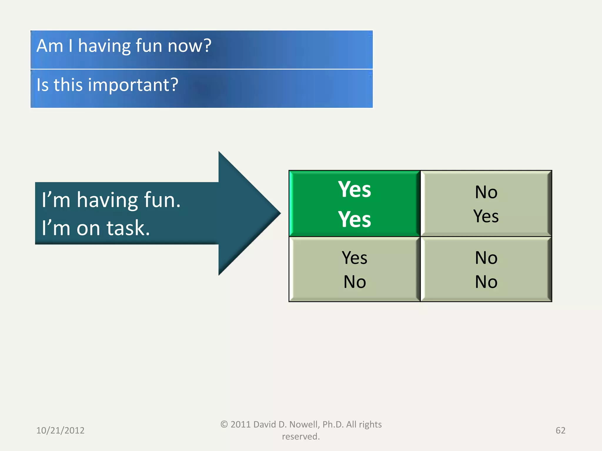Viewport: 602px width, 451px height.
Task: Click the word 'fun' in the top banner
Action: [x=149, y=46]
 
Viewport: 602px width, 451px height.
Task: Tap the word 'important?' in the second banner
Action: [x=133, y=85]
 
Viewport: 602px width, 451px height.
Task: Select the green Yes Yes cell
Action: [x=354, y=204]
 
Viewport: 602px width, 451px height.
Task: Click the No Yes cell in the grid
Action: [x=486, y=204]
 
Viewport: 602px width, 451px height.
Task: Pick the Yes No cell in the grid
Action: [x=354, y=269]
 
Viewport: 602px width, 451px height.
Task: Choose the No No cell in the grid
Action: [x=486, y=269]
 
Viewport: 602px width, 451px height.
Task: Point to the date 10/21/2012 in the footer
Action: [x=60, y=430]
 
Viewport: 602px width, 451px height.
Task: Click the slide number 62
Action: [x=560, y=430]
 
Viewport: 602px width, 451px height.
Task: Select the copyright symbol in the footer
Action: [x=224, y=425]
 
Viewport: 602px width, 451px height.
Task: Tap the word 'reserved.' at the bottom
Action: [x=301, y=437]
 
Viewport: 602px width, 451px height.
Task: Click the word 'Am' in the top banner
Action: [x=50, y=46]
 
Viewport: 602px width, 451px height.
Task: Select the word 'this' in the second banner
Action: [x=68, y=85]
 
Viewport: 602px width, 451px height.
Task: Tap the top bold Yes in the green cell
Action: [x=354, y=189]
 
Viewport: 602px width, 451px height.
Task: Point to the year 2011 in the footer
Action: [x=240, y=425]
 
